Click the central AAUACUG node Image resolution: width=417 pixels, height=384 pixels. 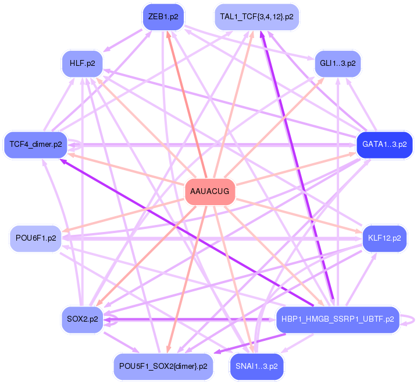209,192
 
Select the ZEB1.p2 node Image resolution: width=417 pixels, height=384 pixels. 163,17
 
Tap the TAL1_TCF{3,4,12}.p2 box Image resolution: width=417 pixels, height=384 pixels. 256,17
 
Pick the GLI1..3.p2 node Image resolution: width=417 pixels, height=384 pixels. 337,63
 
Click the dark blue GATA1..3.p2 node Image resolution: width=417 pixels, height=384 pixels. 384,143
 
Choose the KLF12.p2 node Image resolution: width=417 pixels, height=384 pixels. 384,238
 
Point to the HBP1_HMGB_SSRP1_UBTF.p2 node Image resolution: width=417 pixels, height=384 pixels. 337,319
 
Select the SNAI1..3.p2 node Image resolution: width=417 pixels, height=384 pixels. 256,367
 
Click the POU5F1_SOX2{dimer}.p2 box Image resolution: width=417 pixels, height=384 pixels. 163,367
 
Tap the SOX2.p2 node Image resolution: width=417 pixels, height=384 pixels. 82,319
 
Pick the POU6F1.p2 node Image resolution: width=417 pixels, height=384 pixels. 35,238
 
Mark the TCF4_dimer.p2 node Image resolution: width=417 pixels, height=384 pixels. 35,143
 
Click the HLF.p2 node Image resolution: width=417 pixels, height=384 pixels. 82,63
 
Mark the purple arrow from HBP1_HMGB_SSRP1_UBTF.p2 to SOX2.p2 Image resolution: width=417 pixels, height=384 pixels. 192,319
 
